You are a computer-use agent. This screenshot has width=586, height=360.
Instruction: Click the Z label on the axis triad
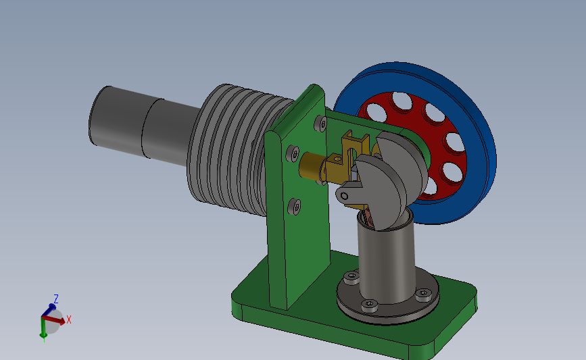[56, 299]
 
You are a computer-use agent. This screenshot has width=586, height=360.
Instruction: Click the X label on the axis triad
[69, 319]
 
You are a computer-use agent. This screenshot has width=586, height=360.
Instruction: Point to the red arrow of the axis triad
[53, 320]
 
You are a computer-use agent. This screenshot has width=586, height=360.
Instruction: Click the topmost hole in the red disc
[401, 101]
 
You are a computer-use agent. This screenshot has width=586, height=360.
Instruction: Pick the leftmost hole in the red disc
[376, 113]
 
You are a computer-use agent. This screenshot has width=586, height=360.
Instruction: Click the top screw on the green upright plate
[320, 123]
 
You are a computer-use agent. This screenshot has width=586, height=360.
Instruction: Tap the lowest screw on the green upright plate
[295, 207]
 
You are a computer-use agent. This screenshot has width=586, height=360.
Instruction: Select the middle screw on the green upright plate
[293, 153]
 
